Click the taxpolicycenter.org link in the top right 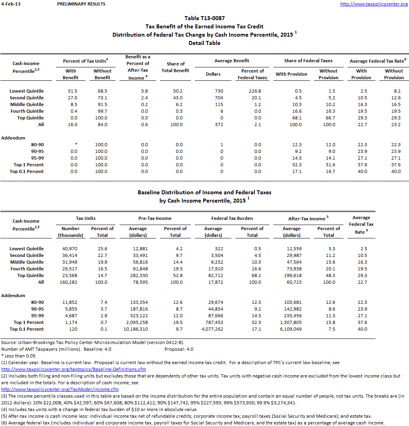pyautogui.click(x=374, y=4)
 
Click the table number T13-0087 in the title pyautogui.click(x=205, y=18)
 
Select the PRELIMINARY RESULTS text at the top pyautogui.click(x=81, y=4)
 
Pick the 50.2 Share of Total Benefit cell pyautogui.click(x=176, y=91)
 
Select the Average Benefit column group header pyautogui.click(x=232, y=61)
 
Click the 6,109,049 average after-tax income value pyautogui.click(x=291, y=329)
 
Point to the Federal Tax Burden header pyautogui.click(x=232, y=218)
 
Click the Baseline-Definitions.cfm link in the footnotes pyautogui.click(x=74, y=369)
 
